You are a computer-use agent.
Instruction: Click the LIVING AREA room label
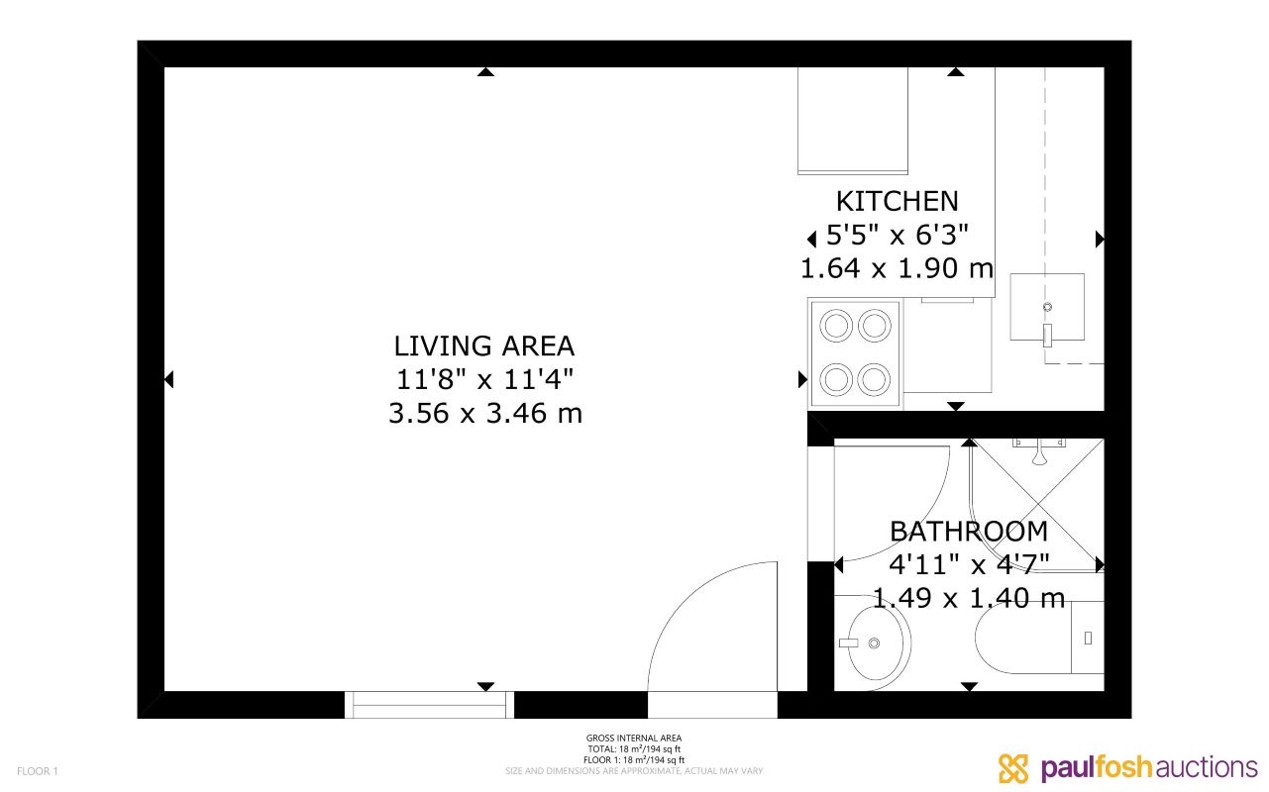click(483, 346)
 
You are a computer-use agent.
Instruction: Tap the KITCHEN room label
click(897, 201)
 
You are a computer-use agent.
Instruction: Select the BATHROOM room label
click(968, 532)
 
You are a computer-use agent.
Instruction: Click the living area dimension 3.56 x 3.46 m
click(484, 413)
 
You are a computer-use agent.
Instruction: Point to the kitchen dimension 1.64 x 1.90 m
click(897, 268)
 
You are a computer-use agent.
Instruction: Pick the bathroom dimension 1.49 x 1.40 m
click(968, 598)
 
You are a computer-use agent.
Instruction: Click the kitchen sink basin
click(1047, 306)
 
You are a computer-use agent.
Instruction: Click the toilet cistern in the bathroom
click(1088, 638)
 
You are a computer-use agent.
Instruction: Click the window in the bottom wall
click(429, 704)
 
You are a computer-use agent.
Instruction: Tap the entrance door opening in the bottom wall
click(712, 704)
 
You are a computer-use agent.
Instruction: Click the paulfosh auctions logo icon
click(1014, 768)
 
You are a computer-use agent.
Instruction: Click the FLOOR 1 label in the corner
click(38, 771)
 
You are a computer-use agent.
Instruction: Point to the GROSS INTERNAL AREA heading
click(634, 739)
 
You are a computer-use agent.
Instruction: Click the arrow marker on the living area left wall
click(168, 379)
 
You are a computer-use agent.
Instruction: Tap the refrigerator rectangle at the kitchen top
click(853, 120)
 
